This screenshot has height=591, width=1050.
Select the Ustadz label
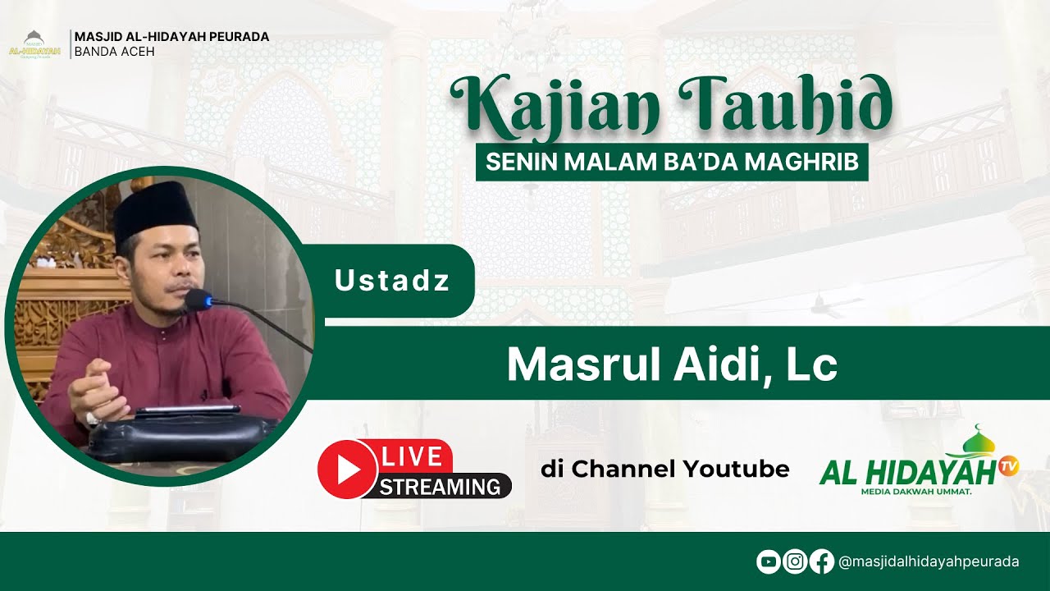[392, 282]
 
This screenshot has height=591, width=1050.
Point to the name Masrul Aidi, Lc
[672, 364]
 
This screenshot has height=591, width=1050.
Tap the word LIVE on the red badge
[412, 457]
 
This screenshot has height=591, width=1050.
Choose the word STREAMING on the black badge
[440, 486]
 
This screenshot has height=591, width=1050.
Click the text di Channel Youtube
[664, 470]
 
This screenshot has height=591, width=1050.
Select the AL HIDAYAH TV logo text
[906, 472]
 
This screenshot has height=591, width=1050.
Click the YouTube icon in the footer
[768, 561]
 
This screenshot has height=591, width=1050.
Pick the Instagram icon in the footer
[794, 561]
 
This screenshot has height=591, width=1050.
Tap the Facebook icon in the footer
[821, 561]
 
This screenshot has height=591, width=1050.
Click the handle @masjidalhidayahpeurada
[929, 561]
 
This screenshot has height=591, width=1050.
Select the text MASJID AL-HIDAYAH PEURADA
[171, 37]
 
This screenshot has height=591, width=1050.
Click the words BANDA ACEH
[114, 52]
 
